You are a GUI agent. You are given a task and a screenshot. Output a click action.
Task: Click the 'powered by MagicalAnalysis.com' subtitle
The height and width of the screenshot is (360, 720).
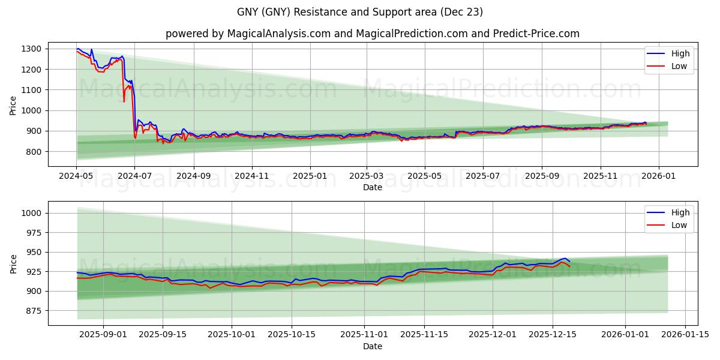[373, 34]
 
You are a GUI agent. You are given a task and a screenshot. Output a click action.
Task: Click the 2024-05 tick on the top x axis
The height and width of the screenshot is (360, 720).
[76, 177]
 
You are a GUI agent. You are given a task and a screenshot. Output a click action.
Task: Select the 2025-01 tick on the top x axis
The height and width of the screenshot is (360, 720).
[310, 177]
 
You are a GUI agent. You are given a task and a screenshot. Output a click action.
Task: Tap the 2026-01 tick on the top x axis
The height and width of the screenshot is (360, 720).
[659, 177]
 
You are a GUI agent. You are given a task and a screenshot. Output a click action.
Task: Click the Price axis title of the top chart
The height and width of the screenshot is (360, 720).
[13, 106]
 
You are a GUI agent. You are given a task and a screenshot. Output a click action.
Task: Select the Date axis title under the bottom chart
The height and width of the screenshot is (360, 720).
[373, 346]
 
